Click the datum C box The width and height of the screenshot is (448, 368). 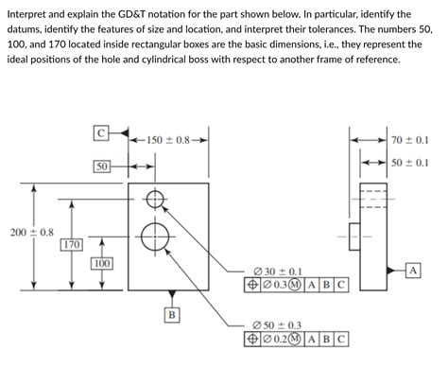coord(102,134)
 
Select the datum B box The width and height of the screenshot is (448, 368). coord(170,313)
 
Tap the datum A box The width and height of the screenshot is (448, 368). coord(412,271)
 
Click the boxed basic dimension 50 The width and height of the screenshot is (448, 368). coord(102,166)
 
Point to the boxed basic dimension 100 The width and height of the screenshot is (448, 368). coord(101,263)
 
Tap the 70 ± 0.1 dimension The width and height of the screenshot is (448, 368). coord(409,140)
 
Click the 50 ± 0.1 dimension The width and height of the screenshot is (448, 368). coord(409,163)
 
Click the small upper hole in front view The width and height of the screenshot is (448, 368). coord(156,198)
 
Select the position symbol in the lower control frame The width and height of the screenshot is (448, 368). coord(252,340)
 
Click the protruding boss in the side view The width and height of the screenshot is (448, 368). coord(353,233)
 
